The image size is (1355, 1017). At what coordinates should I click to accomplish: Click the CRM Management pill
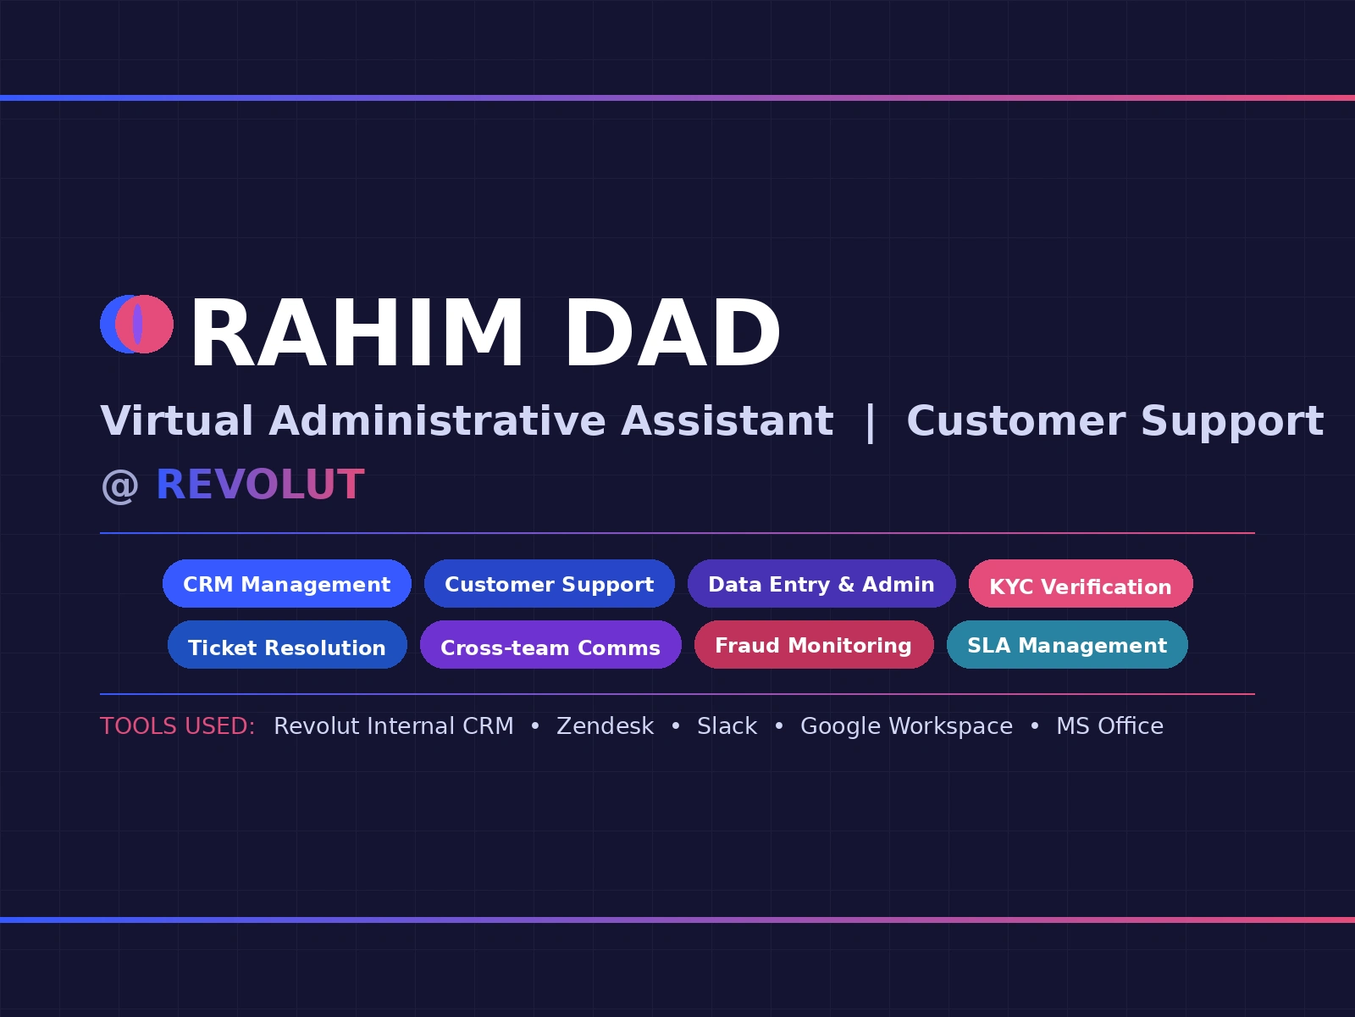pos(287,584)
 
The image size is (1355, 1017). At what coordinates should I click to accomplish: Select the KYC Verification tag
pos(1081,584)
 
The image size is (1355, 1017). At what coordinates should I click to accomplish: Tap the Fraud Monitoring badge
pos(814,645)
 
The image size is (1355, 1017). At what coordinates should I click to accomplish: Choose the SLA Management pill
pos(1067,645)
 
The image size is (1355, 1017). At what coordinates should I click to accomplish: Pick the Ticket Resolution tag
pos(287,645)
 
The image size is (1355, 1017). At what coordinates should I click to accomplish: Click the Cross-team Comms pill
pos(550,645)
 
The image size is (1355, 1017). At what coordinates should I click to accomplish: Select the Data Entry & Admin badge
pos(821,584)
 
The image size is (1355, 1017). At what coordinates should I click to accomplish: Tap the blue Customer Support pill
pos(550,584)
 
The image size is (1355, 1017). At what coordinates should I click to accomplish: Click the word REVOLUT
pos(260,484)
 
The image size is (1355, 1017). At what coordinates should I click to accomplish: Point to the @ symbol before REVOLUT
pos(119,486)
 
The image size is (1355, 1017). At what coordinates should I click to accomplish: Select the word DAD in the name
pos(673,333)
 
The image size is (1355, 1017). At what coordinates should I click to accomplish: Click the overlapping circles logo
pos(136,325)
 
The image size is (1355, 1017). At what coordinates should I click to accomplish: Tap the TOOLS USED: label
pos(178,726)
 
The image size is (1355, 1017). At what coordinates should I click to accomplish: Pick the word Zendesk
pos(605,726)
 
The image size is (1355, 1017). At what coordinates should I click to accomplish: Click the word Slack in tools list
pos(727,726)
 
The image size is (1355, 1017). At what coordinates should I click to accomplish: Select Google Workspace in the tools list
pos(906,727)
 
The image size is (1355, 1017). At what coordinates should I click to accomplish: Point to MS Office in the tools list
pos(1110,726)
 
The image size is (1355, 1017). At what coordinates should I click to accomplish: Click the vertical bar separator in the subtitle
pos(871,423)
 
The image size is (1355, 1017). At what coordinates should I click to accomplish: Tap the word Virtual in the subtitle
pos(176,421)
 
